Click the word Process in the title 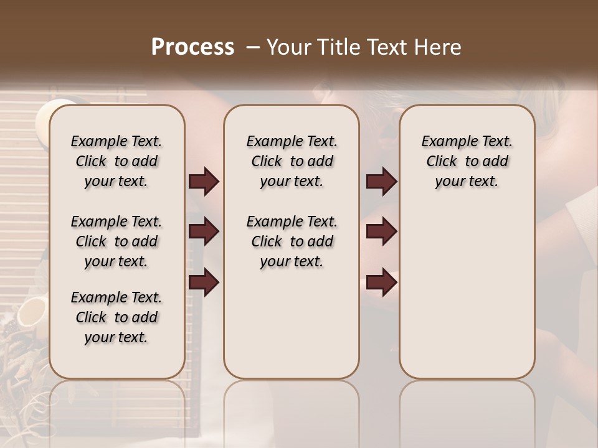point(192,47)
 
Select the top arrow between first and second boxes point(204,182)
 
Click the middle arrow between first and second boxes point(204,231)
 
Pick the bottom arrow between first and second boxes point(204,282)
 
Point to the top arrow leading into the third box point(381,182)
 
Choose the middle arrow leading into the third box point(381,231)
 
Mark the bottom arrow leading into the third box point(381,282)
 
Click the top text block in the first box point(116,161)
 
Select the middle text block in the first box point(116,241)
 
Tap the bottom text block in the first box point(116,317)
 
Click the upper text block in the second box point(292,161)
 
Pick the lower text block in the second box point(292,241)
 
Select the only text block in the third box point(467,161)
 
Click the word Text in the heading point(385,47)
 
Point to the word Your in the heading point(287,47)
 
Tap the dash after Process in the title point(252,47)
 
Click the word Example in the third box point(445,141)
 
